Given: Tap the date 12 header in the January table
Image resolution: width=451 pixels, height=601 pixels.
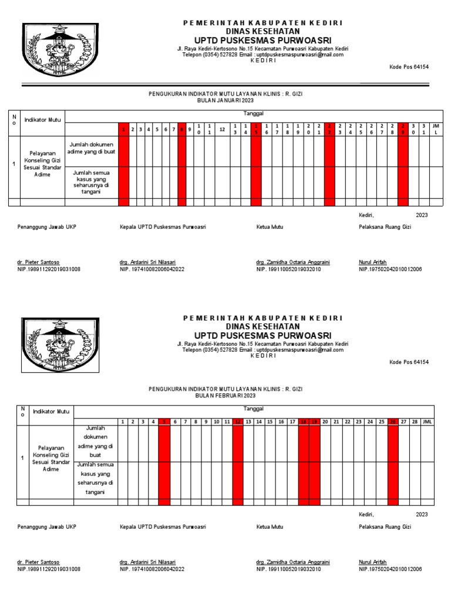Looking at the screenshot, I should (223, 130).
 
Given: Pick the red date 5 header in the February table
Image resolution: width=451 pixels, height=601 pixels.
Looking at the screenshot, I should (164, 421).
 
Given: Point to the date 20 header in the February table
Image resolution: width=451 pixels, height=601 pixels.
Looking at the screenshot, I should (325, 421).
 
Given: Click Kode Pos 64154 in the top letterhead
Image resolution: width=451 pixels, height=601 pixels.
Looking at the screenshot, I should (409, 67).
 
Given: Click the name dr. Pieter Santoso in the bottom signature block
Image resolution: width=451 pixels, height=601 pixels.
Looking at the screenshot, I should (38, 562).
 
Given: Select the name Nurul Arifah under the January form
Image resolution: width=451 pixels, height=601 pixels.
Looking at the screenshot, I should (373, 262).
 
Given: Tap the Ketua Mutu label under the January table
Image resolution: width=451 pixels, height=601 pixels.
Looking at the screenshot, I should (270, 226).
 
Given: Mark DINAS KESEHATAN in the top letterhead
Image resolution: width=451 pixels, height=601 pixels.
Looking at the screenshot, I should (263, 31).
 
